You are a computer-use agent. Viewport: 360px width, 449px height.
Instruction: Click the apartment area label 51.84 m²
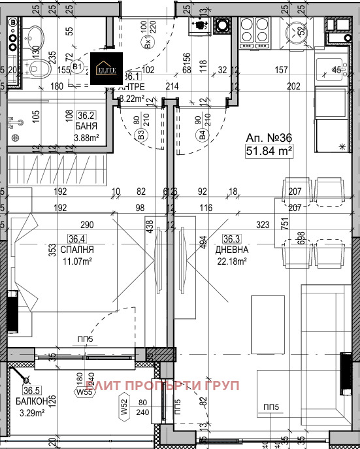tap(268, 152)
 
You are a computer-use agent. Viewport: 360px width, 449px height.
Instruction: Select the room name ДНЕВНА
tap(231, 250)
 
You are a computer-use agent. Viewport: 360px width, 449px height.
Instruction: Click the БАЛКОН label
tap(29, 402)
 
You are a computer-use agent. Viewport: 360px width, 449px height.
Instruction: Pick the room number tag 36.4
tap(77, 239)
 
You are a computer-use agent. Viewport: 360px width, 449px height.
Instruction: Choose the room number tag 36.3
tap(232, 239)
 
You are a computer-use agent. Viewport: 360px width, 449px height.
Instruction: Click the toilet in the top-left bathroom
tap(41, 67)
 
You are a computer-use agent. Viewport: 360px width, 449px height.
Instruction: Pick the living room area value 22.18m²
tap(232, 261)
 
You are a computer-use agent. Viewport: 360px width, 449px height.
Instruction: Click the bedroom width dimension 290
tap(88, 225)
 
